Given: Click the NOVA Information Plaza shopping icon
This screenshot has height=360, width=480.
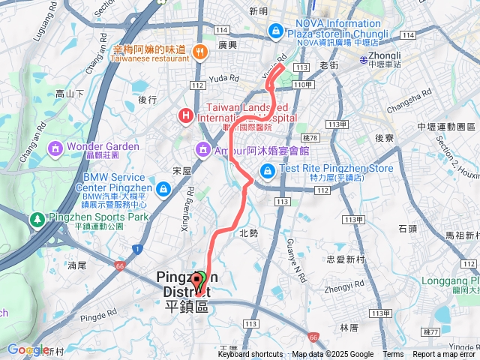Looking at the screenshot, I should tap(276, 30).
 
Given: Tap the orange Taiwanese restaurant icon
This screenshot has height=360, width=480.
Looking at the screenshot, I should tap(200, 52).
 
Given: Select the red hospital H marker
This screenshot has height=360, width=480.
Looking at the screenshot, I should tap(184, 115).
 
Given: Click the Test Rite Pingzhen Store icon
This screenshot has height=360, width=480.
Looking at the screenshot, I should tap(267, 172).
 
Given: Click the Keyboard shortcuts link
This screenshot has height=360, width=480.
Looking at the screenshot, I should tap(250, 355).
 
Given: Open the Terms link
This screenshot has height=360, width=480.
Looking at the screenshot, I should tap(393, 355).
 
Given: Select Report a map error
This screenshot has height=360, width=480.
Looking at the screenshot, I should tap(445, 355).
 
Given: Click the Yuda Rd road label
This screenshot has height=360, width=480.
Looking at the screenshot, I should tap(223, 77).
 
